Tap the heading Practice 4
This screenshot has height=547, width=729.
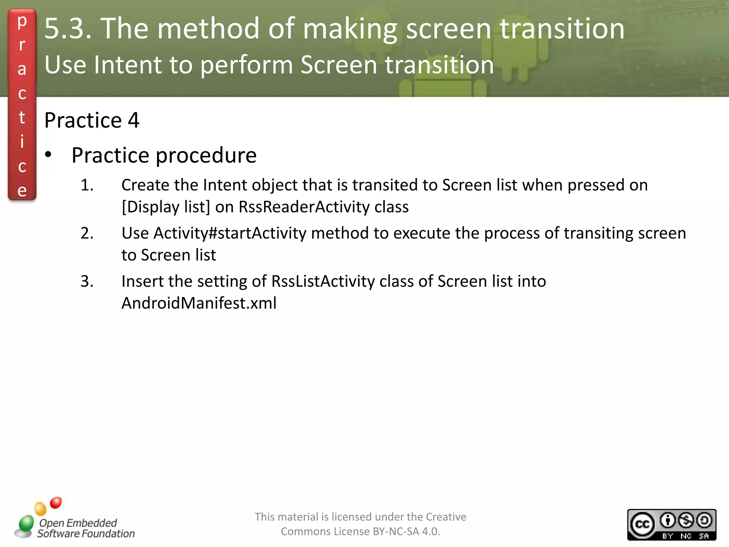pyautogui.click(x=91, y=120)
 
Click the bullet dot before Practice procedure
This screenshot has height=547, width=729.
pyautogui.click(x=48, y=155)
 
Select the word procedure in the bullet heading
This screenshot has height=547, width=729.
pyautogui.click(x=206, y=156)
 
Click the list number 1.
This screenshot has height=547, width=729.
pyautogui.click(x=87, y=185)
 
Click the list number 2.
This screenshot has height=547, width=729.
pyautogui.click(x=87, y=233)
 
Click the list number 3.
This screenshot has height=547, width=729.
pyautogui.click(x=87, y=281)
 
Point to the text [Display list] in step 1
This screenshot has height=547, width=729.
pyautogui.click(x=166, y=207)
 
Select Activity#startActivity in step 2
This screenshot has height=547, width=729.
pyautogui.click(x=230, y=234)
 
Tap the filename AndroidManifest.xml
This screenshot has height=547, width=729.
pyautogui.click(x=199, y=303)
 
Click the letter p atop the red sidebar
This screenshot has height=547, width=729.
pyautogui.click(x=22, y=21)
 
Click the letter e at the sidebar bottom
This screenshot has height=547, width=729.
pyautogui.click(x=22, y=191)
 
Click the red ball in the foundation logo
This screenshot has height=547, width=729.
pyautogui.click(x=56, y=502)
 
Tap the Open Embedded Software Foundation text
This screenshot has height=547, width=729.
pyautogui.click(x=85, y=528)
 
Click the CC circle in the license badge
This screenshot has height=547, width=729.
pyautogui.click(x=643, y=524)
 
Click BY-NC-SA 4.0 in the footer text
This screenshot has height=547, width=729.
pyautogui.click(x=406, y=531)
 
